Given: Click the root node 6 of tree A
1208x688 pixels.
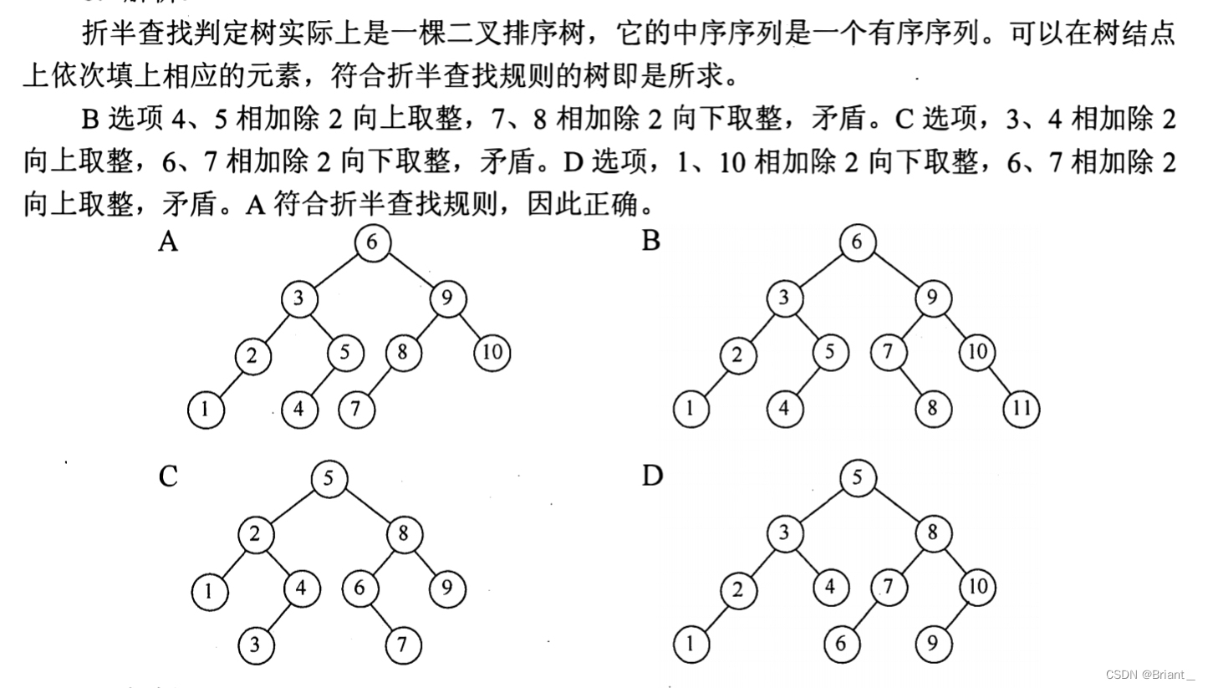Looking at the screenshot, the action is click(372, 242).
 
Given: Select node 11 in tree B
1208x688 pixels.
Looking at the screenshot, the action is click(1022, 410).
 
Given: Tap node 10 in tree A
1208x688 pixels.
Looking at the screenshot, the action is click(492, 353).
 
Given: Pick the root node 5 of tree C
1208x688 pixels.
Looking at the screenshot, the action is click(329, 479).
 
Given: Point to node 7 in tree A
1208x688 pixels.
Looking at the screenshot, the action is click(356, 410).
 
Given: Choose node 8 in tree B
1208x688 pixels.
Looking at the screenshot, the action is click(932, 410).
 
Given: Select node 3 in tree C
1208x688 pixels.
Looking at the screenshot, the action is click(254, 645).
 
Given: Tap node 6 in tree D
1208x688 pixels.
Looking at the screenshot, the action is click(841, 645).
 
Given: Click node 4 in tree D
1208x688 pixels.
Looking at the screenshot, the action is click(829, 588).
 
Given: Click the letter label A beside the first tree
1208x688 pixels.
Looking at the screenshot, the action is click(169, 242).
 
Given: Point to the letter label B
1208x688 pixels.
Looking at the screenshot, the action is click(651, 242).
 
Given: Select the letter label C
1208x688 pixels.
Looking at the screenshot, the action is click(168, 477).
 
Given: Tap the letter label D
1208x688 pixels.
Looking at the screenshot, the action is click(652, 476).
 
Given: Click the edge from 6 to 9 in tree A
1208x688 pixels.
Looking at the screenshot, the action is click(410, 270).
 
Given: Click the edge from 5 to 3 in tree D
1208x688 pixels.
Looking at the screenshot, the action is click(820, 506).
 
